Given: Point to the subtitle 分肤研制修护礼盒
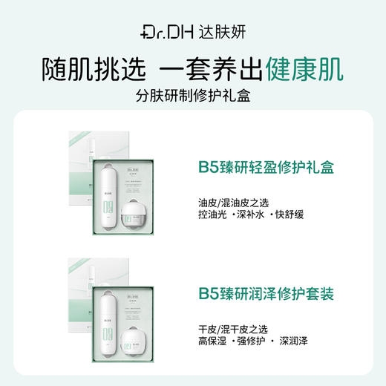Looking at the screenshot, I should pos(193,97).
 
